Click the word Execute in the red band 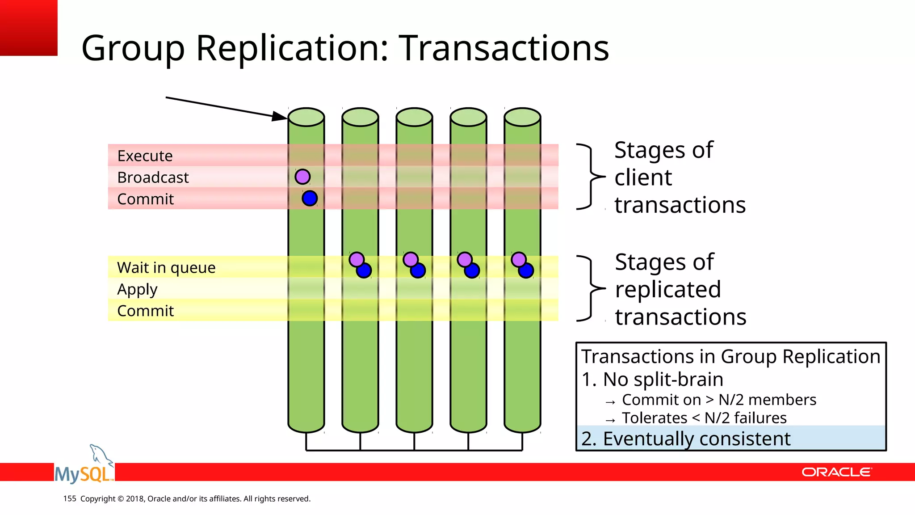click(145, 156)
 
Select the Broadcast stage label click(153, 177)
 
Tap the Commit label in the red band click(145, 199)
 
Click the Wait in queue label click(166, 267)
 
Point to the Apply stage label click(137, 290)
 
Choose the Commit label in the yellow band click(145, 311)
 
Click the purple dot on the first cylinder click(302, 177)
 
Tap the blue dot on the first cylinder click(310, 198)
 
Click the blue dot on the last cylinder click(526, 270)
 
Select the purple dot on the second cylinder click(357, 259)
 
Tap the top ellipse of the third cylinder click(414, 117)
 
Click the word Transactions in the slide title click(504, 48)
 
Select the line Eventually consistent click(686, 439)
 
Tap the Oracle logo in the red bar click(836, 472)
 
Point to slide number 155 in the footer click(70, 498)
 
